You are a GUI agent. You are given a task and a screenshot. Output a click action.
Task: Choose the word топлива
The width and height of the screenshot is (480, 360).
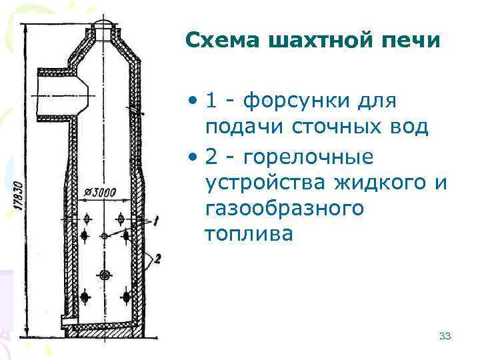coord(249,234)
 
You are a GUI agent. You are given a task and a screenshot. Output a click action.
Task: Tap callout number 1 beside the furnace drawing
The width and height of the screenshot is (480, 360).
coord(155,221)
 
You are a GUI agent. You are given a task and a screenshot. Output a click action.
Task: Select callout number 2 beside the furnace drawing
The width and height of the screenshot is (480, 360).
coord(157,259)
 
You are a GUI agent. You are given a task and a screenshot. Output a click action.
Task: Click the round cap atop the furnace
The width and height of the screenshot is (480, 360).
coord(105,27)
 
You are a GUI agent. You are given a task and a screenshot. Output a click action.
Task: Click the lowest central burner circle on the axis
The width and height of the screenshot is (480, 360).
coord(105,275)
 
